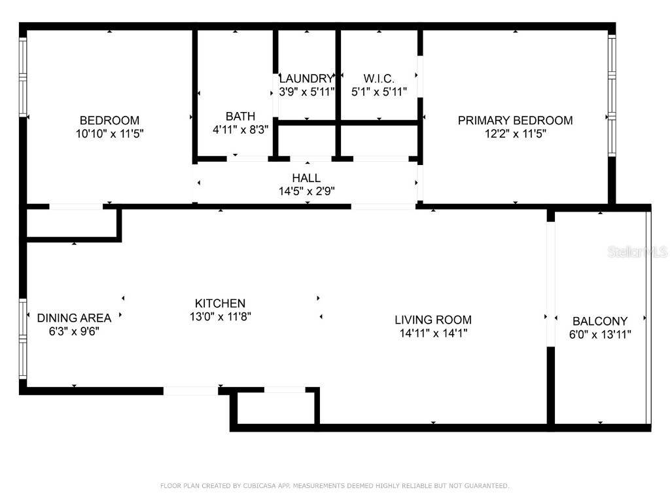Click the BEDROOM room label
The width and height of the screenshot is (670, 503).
(x=109, y=121)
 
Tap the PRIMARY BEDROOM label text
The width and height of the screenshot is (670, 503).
(x=515, y=121)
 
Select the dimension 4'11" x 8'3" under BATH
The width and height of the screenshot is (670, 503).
(x=240, y=130)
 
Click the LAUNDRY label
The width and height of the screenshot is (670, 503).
(x=306, y=79)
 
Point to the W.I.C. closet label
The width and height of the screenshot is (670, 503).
(x=379, y=79)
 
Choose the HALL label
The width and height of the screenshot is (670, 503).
(x=306, y=178)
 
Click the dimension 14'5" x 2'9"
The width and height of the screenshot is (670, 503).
(x=306, y=191)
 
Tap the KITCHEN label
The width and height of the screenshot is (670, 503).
(x=220, y=303)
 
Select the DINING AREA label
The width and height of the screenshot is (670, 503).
(x=74, y=318)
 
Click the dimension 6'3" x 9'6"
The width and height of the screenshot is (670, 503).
(x=74, y=331)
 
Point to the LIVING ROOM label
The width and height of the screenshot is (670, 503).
(x=433, y=320)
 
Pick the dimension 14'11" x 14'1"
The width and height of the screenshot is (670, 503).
(x=433, y=333)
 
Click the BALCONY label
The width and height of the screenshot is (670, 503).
(x=600, y=322)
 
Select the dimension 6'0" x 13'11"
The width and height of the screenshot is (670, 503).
(x=600, y=335)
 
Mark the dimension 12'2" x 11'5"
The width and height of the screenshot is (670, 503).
(x=515, y=134)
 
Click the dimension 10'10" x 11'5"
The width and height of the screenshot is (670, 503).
(x=109, y=134)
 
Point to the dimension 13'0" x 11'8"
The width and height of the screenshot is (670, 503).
(x=220, y=316)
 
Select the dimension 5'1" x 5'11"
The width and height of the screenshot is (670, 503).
(x=379, y=92)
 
